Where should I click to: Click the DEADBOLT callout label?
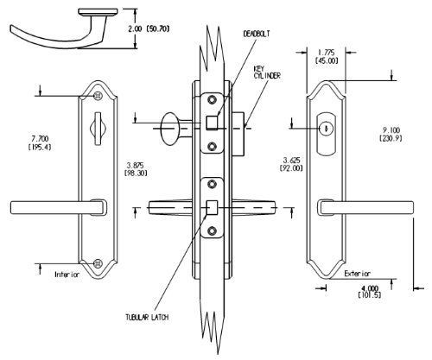point(257,34)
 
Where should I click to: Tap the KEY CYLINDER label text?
point(267,73)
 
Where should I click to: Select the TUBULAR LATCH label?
point(147,318)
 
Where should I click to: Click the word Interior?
point(67,275)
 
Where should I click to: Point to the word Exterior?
point(358,274)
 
